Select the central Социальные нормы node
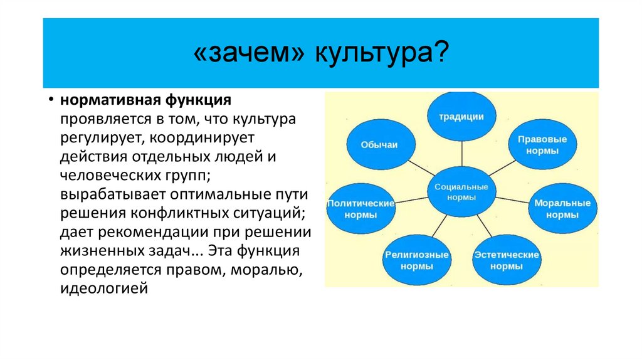(x=461, y=191)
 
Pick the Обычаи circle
(x=379, y=145)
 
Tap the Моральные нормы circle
(x=562, y=209)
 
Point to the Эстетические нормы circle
(x=507, y=260)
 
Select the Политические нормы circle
(x=360, y=209)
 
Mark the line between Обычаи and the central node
(x=420, y=168)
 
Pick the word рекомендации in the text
(x=157, y=232)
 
